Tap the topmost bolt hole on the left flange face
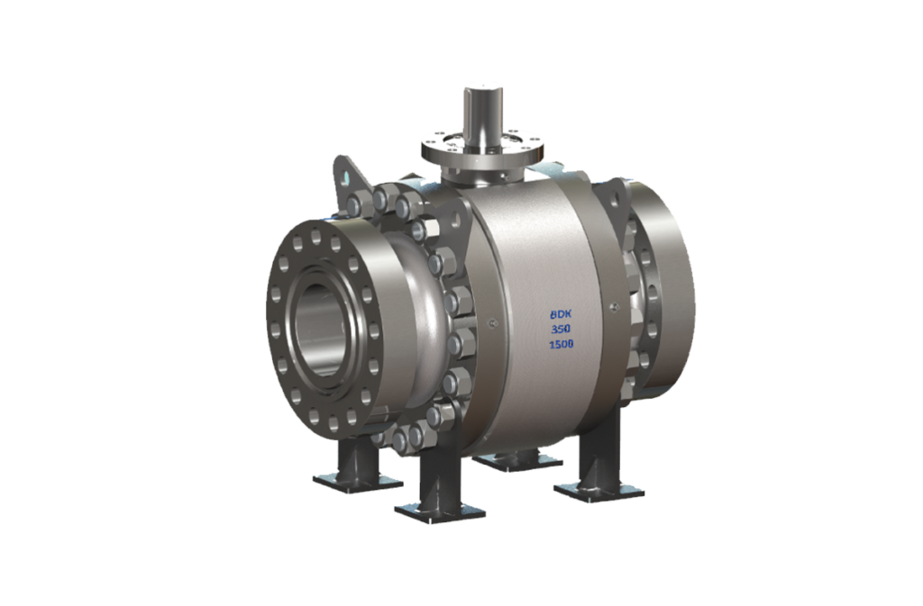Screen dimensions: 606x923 click(317, 231)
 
